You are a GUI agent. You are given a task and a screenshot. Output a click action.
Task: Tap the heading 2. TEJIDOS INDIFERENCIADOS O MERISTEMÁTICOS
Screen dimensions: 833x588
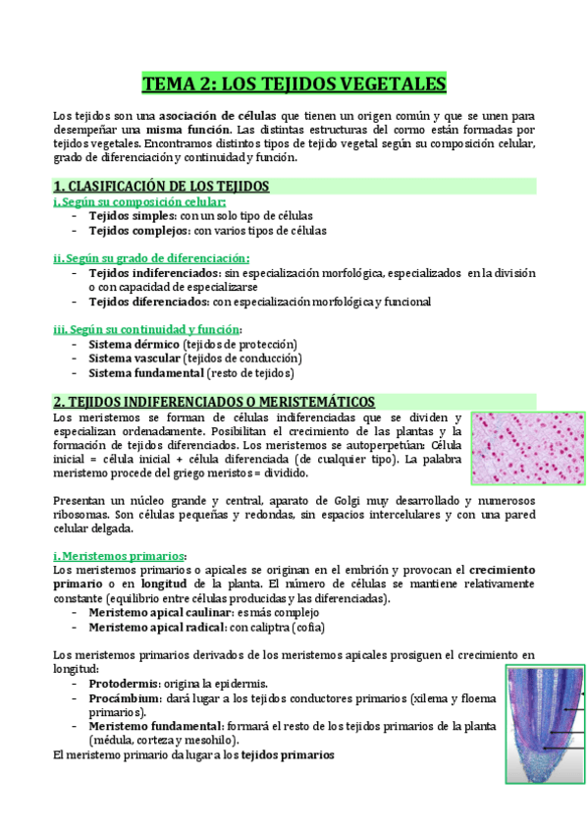click(214, 402)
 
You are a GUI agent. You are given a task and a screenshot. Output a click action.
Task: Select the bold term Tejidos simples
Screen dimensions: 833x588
click(132, 215)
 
